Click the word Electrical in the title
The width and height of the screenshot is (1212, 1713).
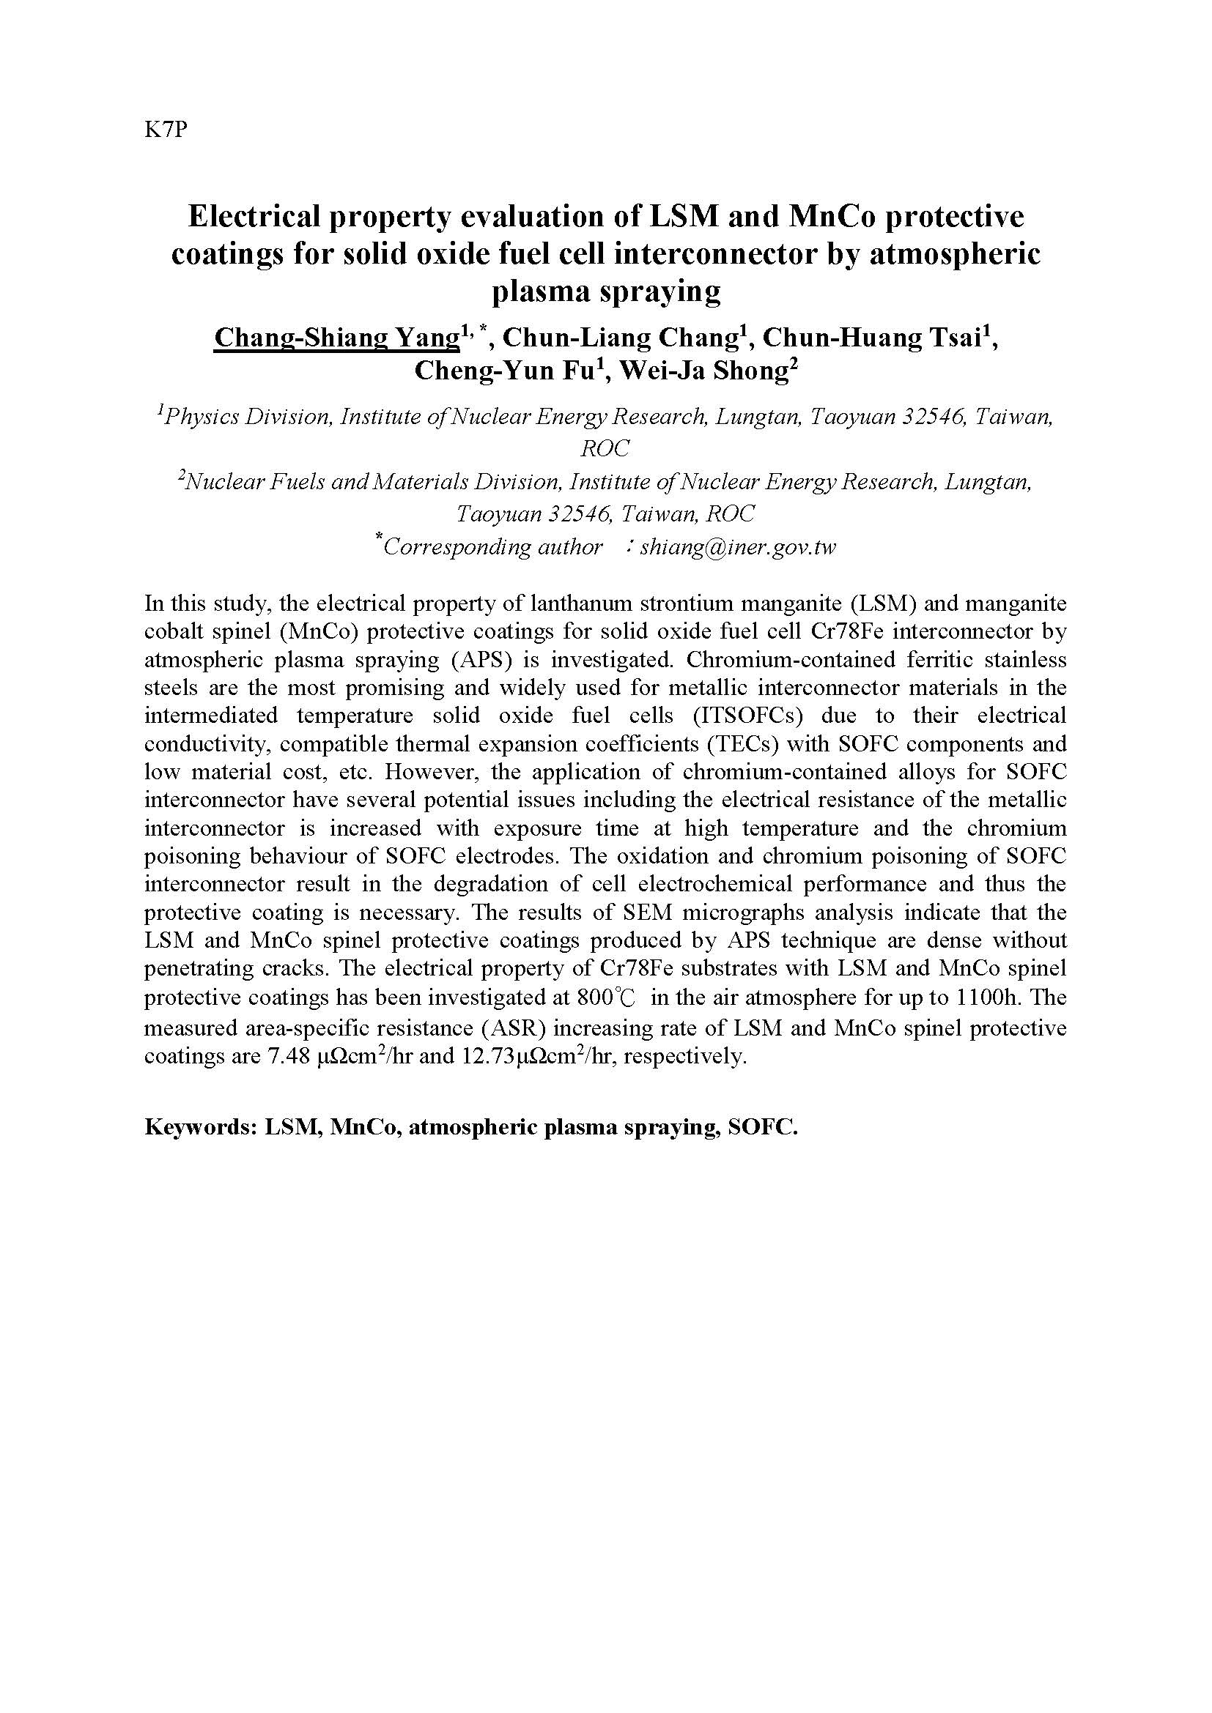252,216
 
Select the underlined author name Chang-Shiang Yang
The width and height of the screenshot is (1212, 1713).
336,338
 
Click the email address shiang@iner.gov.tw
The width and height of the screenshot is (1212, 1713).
737,548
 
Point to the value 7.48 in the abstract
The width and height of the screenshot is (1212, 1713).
288,1058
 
